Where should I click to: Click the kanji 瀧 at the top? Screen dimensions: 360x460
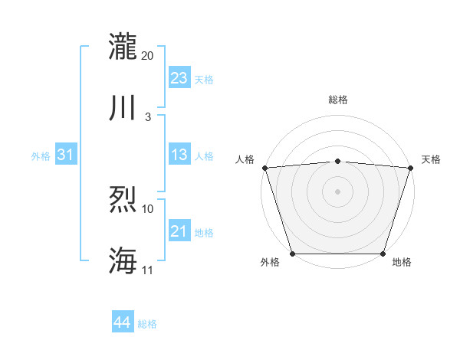pos(123,46)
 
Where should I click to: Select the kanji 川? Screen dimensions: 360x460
pos(123,107)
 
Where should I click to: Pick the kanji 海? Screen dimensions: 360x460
pos(123,260)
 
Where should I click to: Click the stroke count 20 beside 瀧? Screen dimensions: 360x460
pos(148,56)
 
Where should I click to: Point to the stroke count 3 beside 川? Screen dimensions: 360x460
pos(148,116)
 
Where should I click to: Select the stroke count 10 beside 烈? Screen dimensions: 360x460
pos(148,208)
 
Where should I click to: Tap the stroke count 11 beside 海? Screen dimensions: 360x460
pos(148,270)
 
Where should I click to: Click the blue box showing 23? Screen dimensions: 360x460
pos(179,78)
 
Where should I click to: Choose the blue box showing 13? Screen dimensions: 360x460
pos(179,155)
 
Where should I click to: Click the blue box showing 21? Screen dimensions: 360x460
pos(179,231)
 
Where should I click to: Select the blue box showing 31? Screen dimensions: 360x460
pos(66,155)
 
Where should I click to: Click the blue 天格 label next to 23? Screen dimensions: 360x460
pos(204,80)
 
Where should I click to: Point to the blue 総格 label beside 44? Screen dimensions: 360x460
pos(147,324)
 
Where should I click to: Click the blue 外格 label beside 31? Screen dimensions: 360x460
pos(41,156)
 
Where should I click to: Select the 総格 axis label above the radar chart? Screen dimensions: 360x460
pos(337,100)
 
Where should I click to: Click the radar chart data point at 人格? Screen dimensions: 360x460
pos(264,167)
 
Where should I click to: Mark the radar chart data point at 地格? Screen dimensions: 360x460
pos(383,254)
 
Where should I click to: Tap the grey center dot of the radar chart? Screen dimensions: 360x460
pos(337,191)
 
